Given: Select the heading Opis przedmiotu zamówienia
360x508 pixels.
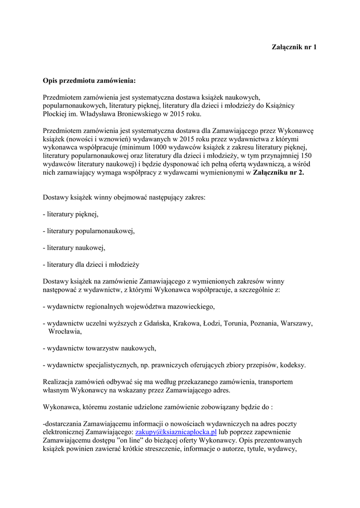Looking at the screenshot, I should pyautogui.click(x=89, y=80).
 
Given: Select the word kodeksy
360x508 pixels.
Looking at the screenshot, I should pyautogui.click(x=292, y=365).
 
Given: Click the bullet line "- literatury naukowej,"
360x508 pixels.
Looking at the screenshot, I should pyautogui.click(x=74, y=248).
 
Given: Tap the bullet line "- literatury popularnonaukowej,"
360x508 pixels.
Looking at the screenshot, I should pyautogui.click(x=89, y=231).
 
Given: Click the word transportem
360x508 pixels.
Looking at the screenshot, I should pyautogui.click(x=272, y=382).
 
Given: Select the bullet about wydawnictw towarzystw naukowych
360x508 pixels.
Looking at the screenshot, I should pyautogui.click(x=100, y=348).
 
